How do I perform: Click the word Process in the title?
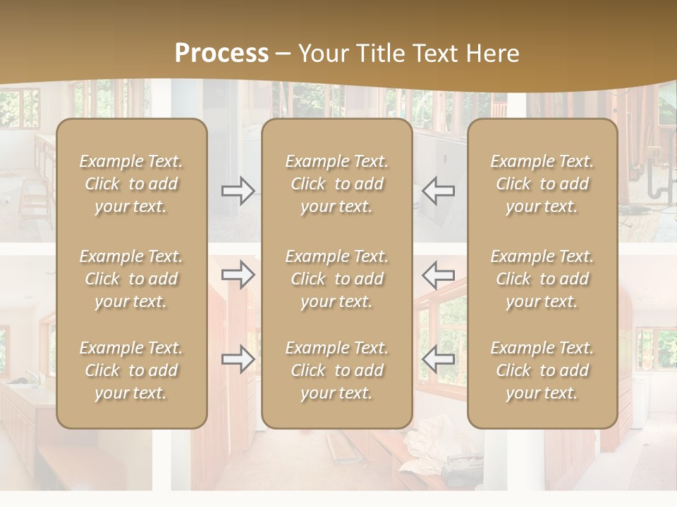pos(221,54)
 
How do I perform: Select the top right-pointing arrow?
pos(238,191)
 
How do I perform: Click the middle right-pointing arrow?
pos(238,275)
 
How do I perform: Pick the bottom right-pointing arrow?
pos(238,359)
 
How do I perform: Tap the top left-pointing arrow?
pos(438,191)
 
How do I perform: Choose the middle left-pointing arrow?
pos(438,275)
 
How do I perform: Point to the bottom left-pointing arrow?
pos(438,359)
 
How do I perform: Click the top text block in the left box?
pos(131,184)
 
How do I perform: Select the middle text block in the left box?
pos(131,279)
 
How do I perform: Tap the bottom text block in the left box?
pos(131,370)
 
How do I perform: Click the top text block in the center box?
pos(337,184)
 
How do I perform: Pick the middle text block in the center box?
pos(337,279)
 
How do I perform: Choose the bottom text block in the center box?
pos(337,370)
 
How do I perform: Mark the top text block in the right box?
pos(542,184)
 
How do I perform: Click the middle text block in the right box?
pos(542,279)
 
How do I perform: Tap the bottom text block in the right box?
pos(542,370)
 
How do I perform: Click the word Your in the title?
pos(323,54)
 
